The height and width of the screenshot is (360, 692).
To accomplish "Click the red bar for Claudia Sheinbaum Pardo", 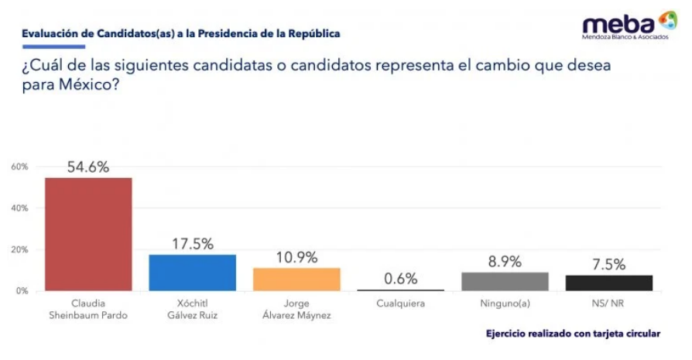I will coord(88,234).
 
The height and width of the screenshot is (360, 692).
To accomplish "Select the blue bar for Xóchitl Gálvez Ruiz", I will coord(192,273).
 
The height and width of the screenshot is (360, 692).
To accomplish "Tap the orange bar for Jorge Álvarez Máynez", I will coord(296,279).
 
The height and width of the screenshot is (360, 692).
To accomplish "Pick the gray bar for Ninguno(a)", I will coord(505,281).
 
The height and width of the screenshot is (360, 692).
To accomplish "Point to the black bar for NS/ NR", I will coord(608,283).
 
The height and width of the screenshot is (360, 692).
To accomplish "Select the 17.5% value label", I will coord(192,244).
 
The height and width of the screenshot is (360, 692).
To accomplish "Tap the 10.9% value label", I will coord(296,258).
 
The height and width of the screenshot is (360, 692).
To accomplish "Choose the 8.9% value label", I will coord(505,262).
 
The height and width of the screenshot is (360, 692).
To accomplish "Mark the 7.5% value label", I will coord(608,265).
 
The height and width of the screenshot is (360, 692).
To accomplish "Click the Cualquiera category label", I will coord(400,303).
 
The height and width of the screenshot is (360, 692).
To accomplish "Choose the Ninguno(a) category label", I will coord(505,303).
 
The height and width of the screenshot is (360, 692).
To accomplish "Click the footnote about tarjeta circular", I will coord(573,334).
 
